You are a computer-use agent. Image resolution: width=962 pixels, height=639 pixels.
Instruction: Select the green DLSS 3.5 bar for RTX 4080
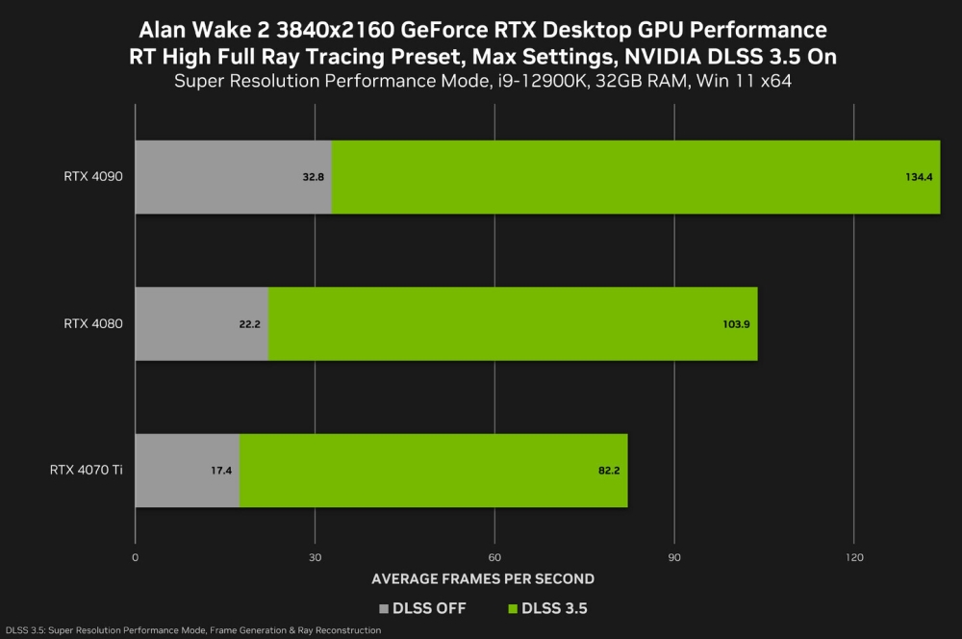[513, 323]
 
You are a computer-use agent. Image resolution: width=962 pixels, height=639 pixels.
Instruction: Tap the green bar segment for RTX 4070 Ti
[433, 471]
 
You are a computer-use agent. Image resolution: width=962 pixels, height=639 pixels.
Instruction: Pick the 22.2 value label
[249, 324]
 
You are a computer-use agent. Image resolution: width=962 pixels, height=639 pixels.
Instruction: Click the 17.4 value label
[220, 471]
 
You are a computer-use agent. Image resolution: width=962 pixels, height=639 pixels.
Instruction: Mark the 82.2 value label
[608, 471]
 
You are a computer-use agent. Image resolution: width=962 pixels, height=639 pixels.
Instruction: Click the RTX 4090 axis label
[93, 177]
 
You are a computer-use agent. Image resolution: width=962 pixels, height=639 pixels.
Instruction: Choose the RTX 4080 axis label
[93, 323]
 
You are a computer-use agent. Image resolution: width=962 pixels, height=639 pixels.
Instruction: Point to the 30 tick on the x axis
[315, 557]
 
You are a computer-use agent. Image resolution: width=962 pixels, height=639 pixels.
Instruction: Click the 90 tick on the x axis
[674, 557]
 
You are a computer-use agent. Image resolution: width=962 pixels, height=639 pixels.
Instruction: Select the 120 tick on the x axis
[854, 557]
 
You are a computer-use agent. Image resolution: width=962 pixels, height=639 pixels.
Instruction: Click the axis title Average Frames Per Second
[482, 579]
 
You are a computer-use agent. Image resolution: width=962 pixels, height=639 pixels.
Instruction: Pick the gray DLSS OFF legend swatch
[384, 608]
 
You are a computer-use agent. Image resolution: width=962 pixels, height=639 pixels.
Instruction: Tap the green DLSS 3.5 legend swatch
[511, 608]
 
